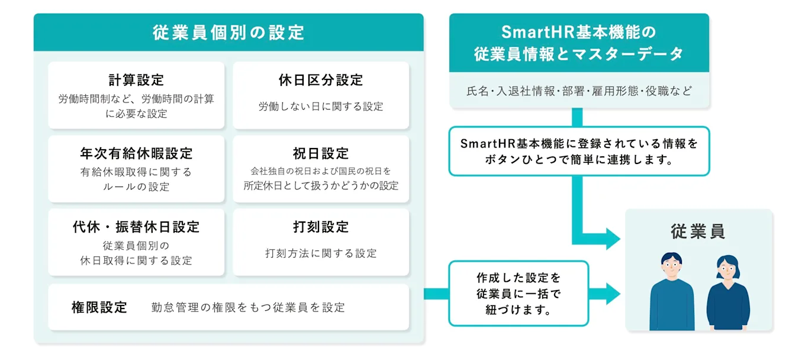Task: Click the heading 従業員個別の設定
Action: tap(228, 32)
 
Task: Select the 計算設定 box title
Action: tap(136, 80)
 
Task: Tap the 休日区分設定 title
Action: tap(321, 80)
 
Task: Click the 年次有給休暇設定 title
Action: tap(136, 153)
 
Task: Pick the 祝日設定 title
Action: tap(321, 153)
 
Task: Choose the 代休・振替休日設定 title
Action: tap(136, 227)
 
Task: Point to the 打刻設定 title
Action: tap(321, 227)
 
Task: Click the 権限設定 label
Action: tap(99, 307)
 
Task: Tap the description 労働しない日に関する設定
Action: tap(321, 107)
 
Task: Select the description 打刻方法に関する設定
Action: tap(321, 253)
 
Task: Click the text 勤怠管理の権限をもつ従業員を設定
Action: tap(248, 307)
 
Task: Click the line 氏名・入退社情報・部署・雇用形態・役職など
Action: tap(579, 91)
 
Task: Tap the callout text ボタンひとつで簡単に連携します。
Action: tap(579, 160)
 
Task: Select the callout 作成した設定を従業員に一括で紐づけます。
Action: tap(519, 293)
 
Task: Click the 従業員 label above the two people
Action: tap(698, 232)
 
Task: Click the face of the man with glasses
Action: tap(672, 266)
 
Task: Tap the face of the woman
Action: tap(727, 269)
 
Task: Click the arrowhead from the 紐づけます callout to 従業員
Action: tap(613, 293)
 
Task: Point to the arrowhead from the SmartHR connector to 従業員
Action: tap(613, 239)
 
